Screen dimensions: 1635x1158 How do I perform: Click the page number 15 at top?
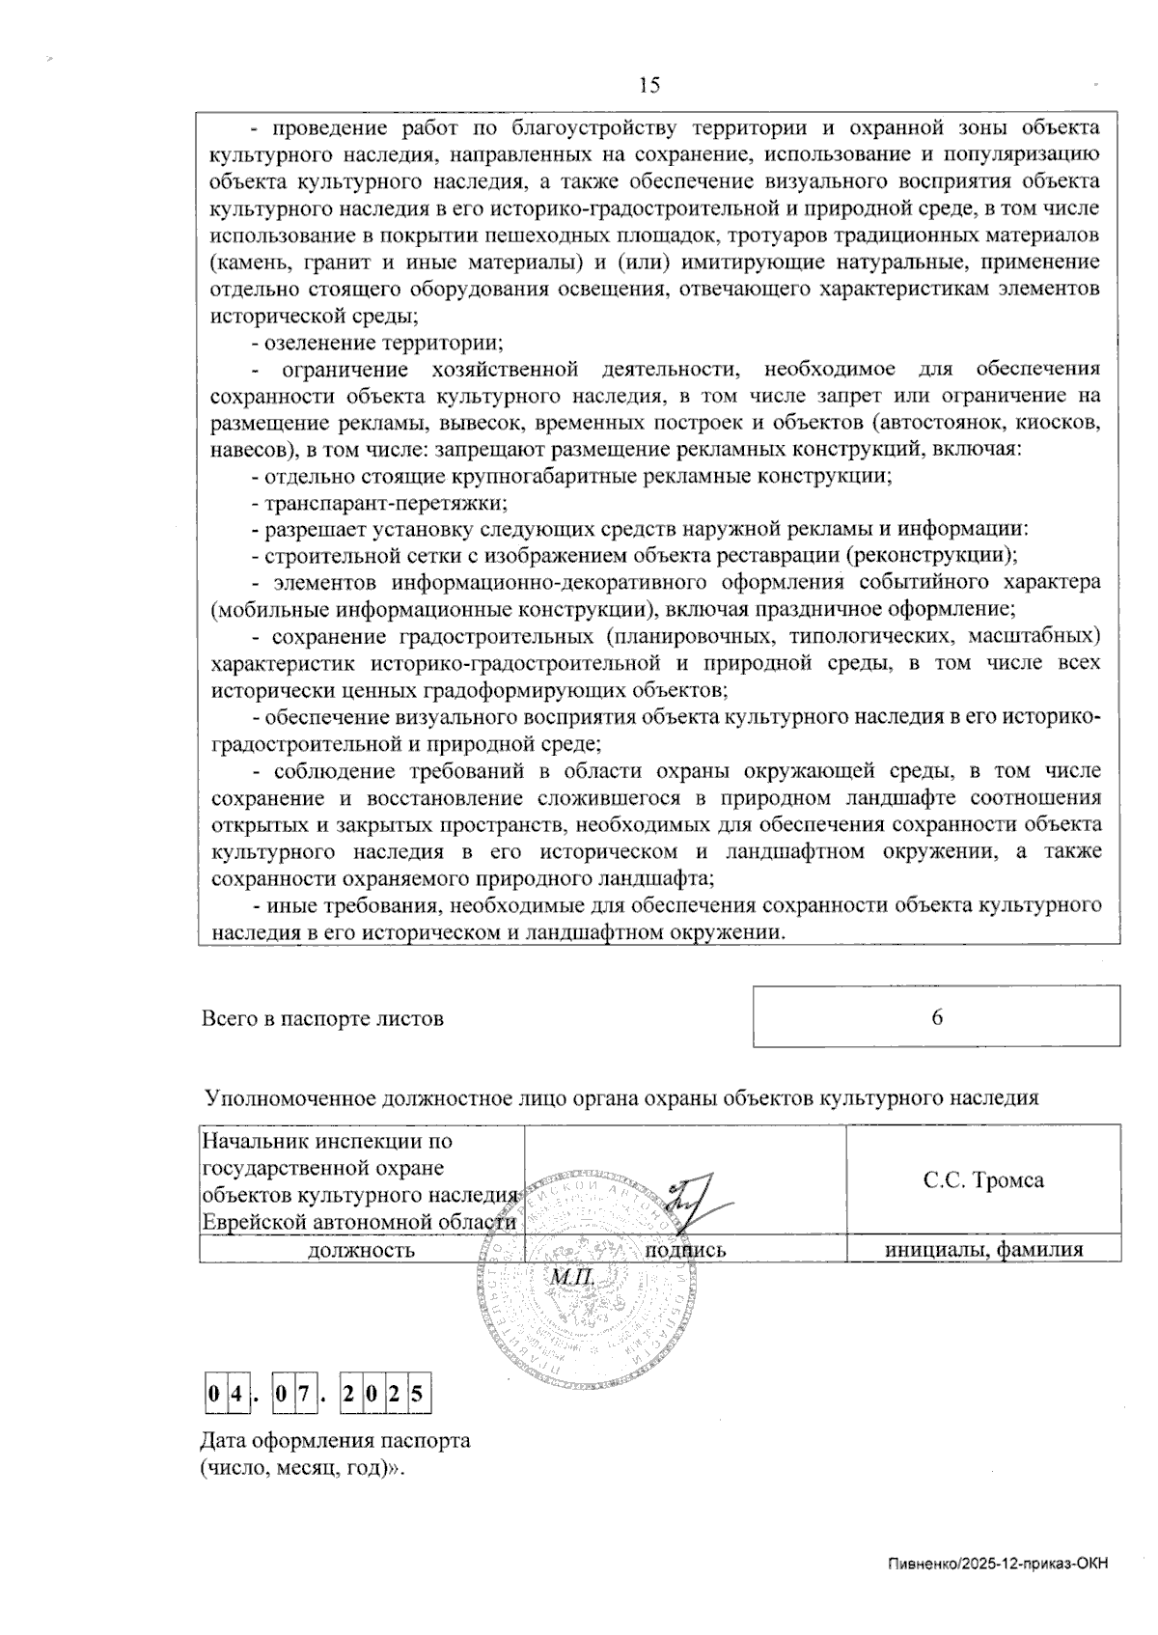coord(648,86)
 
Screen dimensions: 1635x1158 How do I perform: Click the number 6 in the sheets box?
coord(936,1017)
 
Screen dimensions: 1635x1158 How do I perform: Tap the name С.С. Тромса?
coord(982,1179)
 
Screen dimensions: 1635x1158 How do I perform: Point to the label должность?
coord(361,1250)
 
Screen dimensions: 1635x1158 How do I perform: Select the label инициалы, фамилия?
coord(983,1250)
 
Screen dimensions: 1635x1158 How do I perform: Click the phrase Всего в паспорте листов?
coord(322,1018)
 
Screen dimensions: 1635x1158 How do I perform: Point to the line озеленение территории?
coord(377,342)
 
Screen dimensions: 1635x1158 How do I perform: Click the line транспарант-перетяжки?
coord(379,502)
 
